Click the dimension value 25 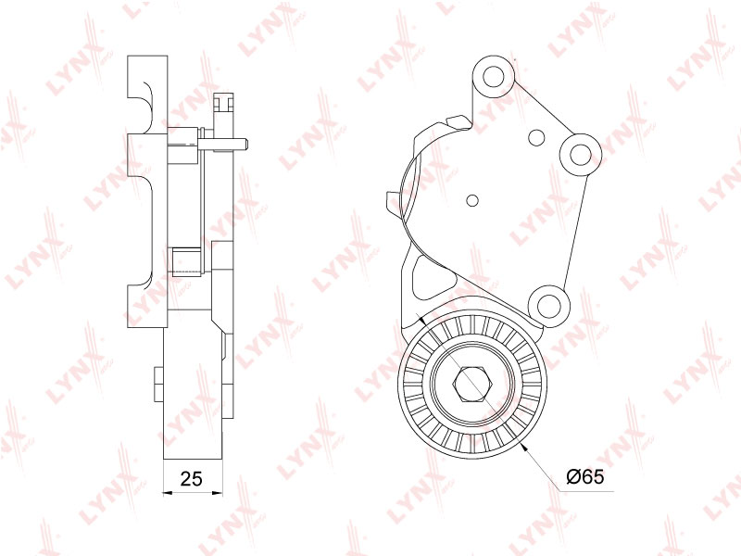pyautogui.click(x=192, y=478)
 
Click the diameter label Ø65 pyautogui.click(x=585, y=476)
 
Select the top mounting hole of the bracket pyautogui.click(x=494, y=77)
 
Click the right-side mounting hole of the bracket pyautogui.click(x=580, y=153)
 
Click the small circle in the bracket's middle pyautogui.click(x=472, y=200)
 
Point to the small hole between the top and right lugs pyautogui.click(x=536, y=137)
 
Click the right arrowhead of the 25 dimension pyautogui.click(x=218, y=493)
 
